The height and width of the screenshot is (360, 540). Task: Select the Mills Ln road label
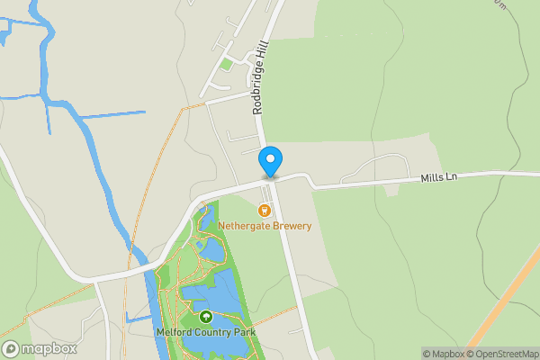tap(438, 177)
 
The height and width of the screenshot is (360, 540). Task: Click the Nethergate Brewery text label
tap(265, 226)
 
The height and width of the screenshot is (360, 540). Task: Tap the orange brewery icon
tap(265, 211)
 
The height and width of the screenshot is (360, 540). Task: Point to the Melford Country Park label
tap(205, 333)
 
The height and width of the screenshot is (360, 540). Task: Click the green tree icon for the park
tap(205, 317)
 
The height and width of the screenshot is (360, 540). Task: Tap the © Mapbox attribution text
tap(443, 354)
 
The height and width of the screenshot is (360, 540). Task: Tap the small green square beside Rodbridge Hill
tap(226, 64)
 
